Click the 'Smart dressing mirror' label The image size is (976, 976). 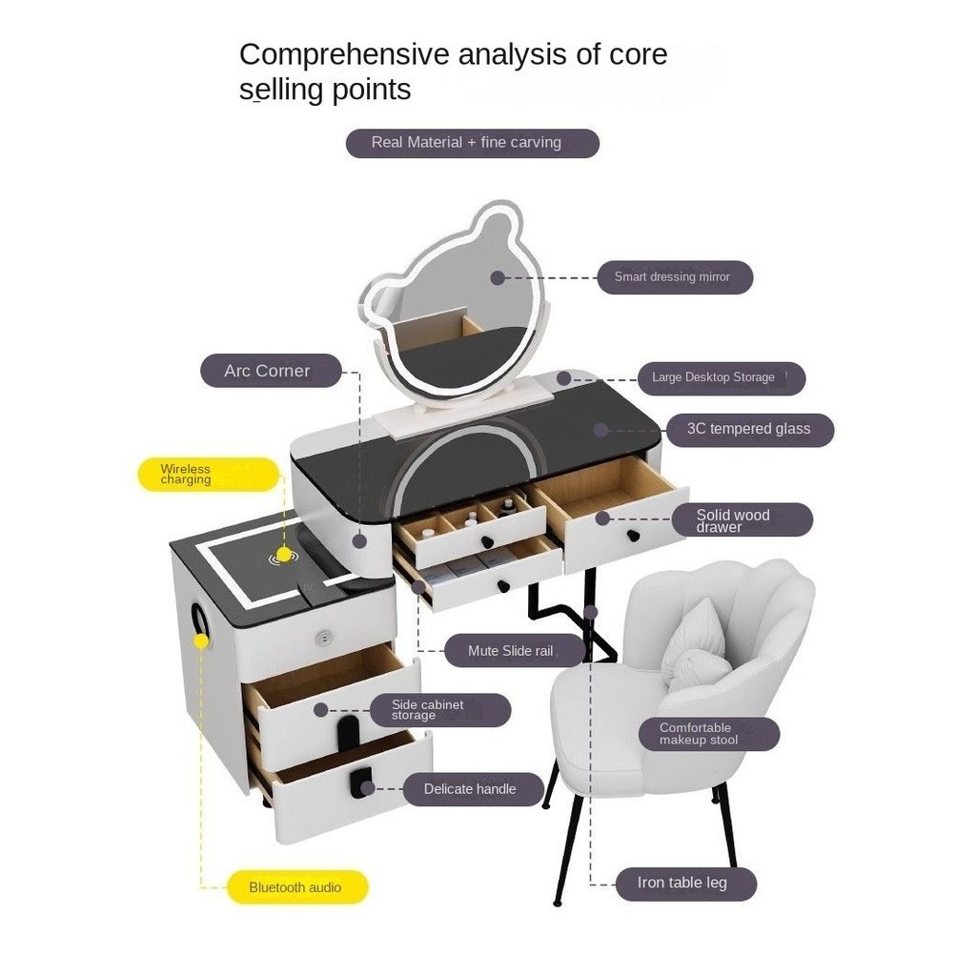point(675,277)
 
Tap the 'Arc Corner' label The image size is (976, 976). point(271,371)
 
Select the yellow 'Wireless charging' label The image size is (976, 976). point(208,475)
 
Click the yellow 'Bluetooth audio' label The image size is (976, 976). point(297,887)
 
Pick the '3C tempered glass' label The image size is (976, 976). point(749,430)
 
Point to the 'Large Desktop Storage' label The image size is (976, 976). point(722,377)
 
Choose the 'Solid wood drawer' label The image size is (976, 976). point(742,519)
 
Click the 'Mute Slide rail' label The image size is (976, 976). point(515,651)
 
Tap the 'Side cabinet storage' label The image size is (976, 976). point(440,710)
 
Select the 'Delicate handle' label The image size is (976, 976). point(474,789)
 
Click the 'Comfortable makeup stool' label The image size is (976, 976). point(709,734)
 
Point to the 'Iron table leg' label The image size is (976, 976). point(686,884)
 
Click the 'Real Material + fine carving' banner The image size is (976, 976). point(473,143)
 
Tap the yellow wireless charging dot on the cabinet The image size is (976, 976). point(284,554)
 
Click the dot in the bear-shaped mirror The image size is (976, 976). point(498,277)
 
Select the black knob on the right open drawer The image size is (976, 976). point(633,536)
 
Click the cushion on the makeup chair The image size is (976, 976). point(693,647)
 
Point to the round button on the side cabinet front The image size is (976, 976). point(323,638)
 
